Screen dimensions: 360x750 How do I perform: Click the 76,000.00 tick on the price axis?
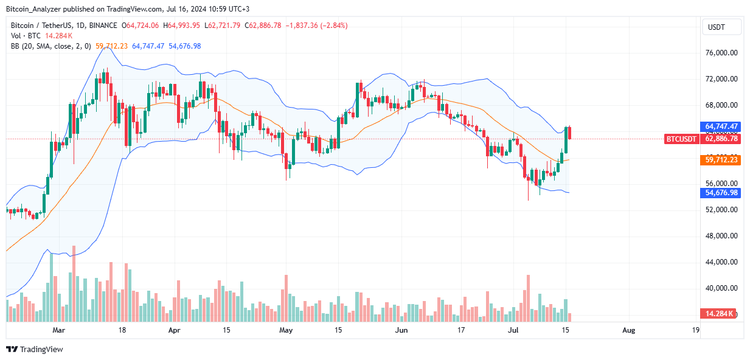[x=721, y=53]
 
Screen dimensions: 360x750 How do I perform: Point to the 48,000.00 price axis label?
[x=721, y=236]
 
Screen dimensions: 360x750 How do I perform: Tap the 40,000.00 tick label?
[x=721, y=288]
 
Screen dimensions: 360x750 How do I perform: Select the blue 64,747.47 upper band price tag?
[x=721, y=126]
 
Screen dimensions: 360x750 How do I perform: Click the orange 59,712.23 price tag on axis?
[x=721, y=160]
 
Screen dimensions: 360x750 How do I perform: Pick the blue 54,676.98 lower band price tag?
[x=721, y=192]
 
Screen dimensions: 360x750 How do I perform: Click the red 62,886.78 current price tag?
[x=721, y=139]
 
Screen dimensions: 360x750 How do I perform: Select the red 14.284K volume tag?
[x=718, y=313]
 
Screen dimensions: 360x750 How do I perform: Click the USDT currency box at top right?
[x=722, y=27]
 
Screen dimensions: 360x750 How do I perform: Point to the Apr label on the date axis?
[x=174, y=330]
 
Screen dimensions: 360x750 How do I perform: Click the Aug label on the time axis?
[x=629, y=330]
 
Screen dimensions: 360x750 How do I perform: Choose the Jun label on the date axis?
[x=401, y=330]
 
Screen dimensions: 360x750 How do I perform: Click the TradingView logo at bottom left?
[x=35, y=349]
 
